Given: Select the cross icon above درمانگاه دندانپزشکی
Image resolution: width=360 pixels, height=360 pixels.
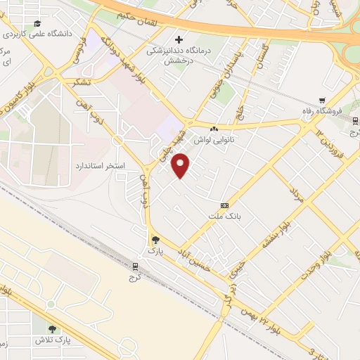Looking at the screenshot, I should coord(179,39).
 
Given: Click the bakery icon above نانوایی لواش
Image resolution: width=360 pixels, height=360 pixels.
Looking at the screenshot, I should coord(213,129).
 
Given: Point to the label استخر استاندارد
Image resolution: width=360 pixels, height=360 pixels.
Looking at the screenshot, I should coord(100,166).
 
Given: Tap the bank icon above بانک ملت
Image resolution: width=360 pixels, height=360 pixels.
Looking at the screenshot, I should coord(224,205).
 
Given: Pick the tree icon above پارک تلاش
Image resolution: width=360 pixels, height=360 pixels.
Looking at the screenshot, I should coord(52,328).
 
